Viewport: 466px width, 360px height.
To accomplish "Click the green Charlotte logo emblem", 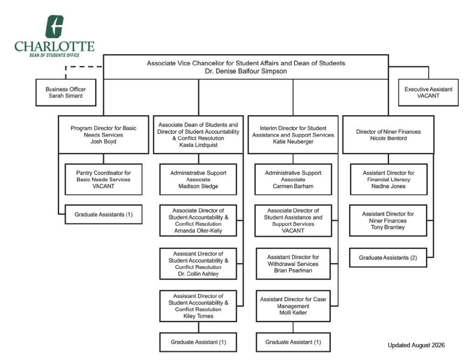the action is point(55,27).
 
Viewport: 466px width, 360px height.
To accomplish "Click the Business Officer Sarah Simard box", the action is point(66,92).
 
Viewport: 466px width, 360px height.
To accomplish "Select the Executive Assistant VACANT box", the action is point(428,92).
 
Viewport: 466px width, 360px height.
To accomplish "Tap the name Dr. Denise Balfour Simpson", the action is point(246,71).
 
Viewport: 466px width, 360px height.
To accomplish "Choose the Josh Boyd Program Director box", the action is point(103,134).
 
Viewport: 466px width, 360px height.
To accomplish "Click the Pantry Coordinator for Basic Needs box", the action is point(103,180).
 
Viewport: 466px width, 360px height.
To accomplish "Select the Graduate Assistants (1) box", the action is point(103,214).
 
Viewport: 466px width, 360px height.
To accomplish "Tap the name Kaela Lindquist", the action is point(198,145).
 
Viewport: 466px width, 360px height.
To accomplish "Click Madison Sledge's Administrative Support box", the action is point(198,180).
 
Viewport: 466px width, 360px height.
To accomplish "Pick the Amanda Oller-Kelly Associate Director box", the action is point(198,221).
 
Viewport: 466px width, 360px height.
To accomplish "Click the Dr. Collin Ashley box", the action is point(198,263).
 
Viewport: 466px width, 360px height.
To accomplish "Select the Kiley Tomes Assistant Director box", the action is point(198,306).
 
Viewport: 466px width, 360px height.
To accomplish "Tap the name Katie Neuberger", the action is point(293,142).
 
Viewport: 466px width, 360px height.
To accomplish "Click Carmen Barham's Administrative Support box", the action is point(293,180).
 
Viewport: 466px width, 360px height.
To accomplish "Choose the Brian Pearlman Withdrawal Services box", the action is point(293,263).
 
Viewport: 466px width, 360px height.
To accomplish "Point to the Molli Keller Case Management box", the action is point(293,306).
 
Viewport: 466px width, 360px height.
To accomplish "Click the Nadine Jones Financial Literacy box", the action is point(389,180).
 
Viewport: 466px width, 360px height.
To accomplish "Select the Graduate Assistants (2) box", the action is point(388,258).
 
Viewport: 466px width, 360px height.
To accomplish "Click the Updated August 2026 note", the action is point(416,345).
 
